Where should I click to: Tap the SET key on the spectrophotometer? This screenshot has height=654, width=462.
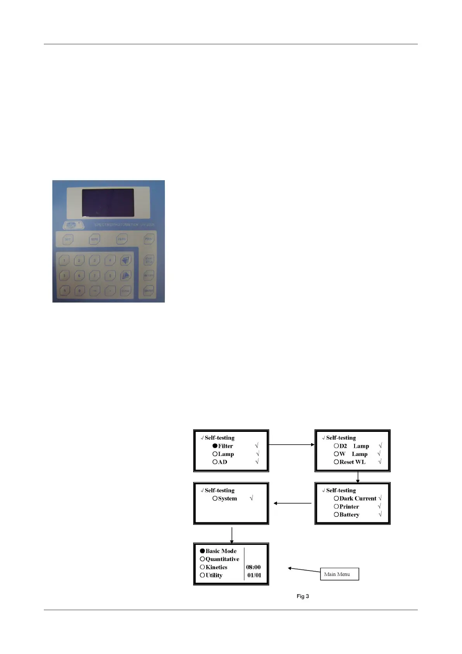click(x=68, y=239)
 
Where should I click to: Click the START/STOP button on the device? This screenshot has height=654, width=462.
click(x=149, y=260)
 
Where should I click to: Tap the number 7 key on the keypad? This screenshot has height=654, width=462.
click(x=95, y=275)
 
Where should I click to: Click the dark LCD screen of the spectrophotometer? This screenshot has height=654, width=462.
click(x=108, y=203)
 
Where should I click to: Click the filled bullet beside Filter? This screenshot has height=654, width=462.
click(x=215, y=446)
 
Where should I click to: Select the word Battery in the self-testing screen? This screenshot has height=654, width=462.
click(x=349, y=515)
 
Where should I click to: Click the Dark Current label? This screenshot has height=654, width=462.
click(x=358, y=498)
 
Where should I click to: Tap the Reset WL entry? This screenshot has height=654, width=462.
click(x=352, y=462)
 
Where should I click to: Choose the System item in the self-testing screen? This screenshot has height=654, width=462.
click(x=227, y=498)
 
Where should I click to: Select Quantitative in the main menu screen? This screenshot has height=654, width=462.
click(x=222, y=559)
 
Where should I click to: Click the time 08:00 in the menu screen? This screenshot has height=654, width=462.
click(x=253, y=567)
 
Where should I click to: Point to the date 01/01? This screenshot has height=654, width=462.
click(x=254, y=575)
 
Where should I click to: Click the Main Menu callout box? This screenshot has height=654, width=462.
click(x=339, y=574)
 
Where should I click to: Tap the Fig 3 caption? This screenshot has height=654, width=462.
click(x=303, y=596)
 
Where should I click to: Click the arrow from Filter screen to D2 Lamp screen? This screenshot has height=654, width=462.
click(x=291, y=444)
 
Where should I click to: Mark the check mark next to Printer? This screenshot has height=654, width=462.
click(x=379, y=506)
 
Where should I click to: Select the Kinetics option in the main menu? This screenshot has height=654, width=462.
click(x=216, y=567)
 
